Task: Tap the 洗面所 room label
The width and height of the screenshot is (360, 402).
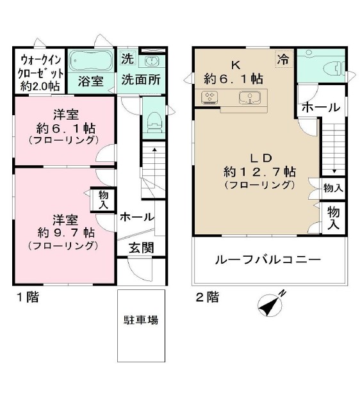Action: click(x=141, y=81)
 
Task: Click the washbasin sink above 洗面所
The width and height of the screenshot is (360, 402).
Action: click(x=152, y=61)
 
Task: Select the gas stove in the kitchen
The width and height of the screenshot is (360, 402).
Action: click(x=210, y=98)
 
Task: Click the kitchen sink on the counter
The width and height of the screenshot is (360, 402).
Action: click(x=248, y=98)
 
